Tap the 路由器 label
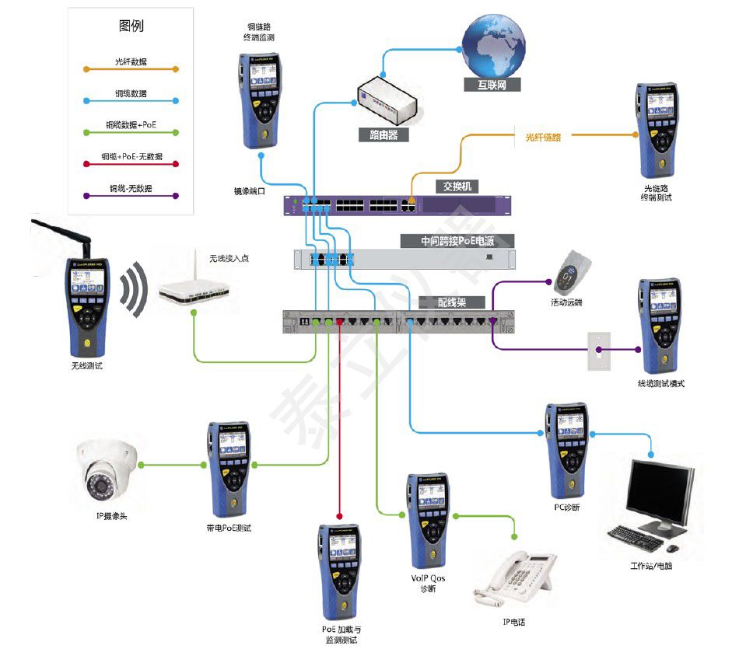[x=383, y=134]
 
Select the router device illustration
[x=387, y=100]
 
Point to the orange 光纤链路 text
[x=543, y=137]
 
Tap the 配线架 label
[x=452, y=302]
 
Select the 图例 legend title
[x=131, y=26]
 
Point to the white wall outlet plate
[x=599, y=349]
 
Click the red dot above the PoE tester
[x=340, y=515]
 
